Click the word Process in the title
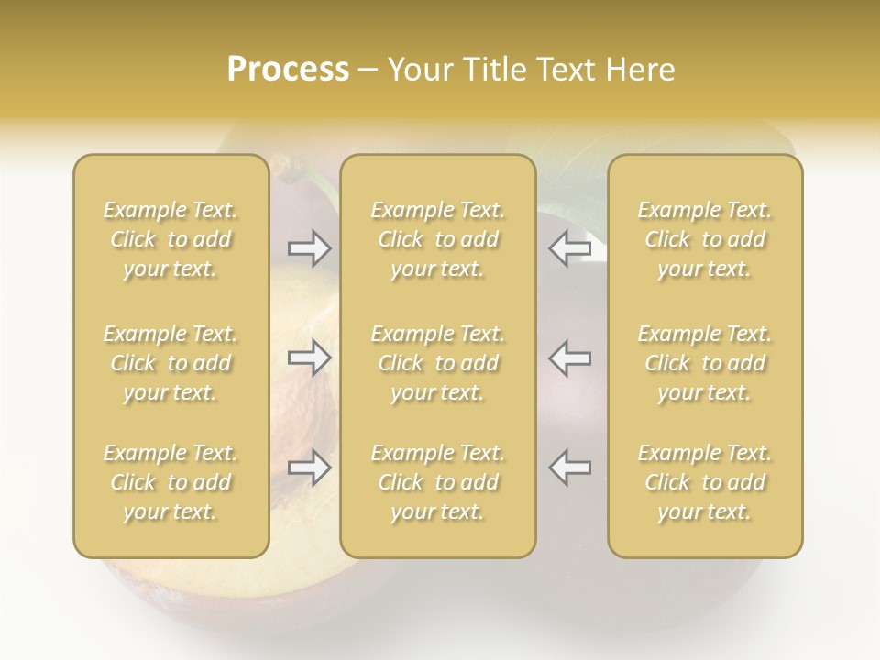point(288,70)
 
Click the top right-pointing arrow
point(310,248)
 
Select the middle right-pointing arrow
point(310,357)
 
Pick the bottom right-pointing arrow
point(310,467)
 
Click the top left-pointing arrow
point(569,248)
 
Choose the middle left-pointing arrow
point(569,357)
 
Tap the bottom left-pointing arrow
point(569,467)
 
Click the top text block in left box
point(170,239)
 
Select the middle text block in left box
point(170,363)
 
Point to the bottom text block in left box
point(170,482)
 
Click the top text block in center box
point(438,239)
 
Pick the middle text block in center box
point(438,363)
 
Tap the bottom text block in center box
point(438,482)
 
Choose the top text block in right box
point(705,239)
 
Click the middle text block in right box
point(705,363)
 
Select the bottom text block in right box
point(705,482)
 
